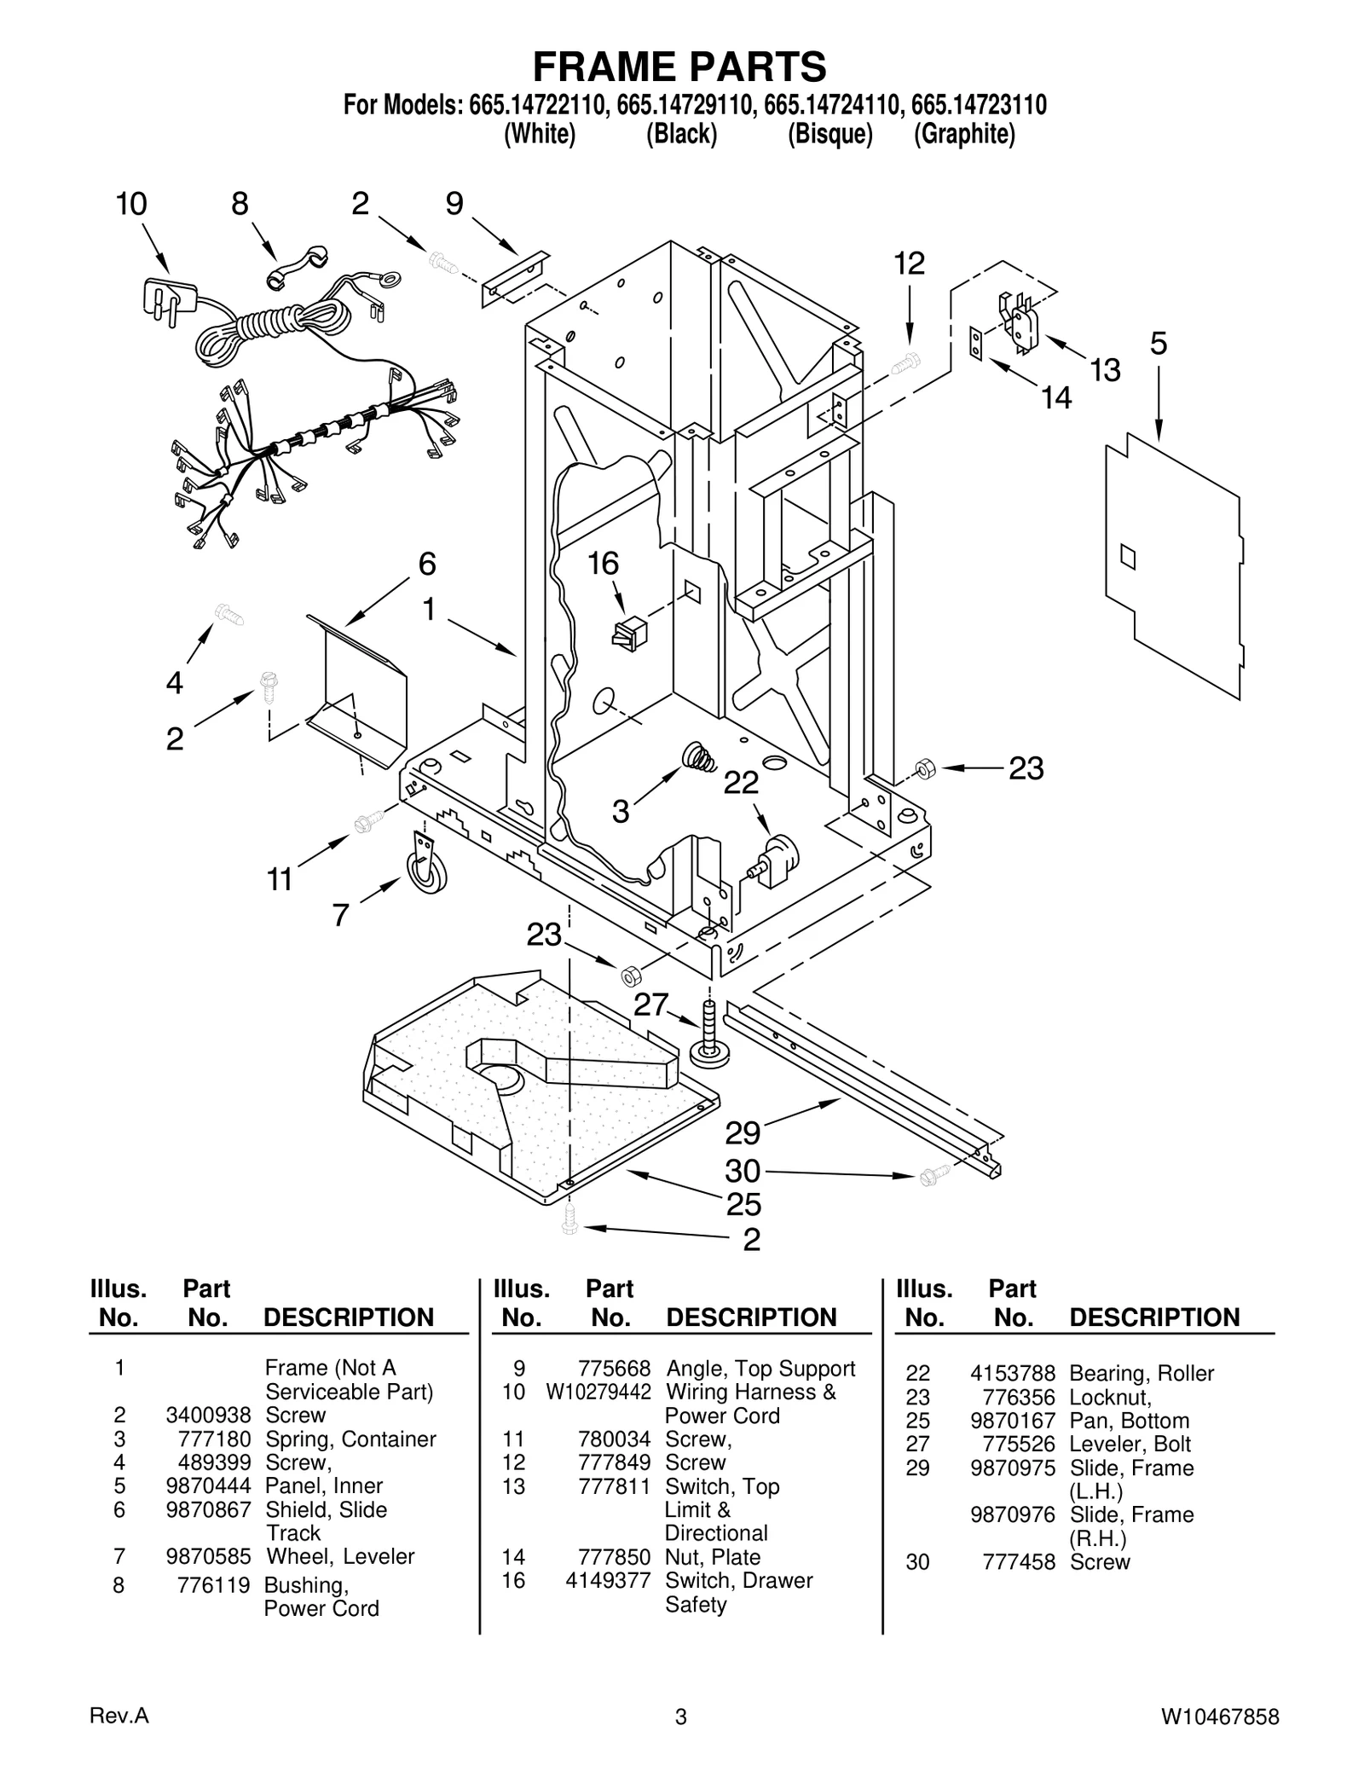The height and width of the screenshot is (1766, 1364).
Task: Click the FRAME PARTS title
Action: click(x=679, y=66)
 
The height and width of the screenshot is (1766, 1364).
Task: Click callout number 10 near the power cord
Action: click(x=131, y=205)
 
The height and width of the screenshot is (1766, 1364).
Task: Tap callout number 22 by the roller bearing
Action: click(x=740, y=783)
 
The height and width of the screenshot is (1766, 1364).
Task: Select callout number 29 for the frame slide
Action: click(x=743, y=1133)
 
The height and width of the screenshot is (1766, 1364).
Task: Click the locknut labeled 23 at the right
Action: click(x=922, y=768)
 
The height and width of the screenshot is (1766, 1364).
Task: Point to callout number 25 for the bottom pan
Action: click(x=743, y=1204)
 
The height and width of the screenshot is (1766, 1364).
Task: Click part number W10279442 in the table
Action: click(x=598, y=1392)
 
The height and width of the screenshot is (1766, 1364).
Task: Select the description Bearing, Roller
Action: click(x=1141, y=1373)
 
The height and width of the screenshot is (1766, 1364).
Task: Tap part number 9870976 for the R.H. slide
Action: click(x=1012, y=1514)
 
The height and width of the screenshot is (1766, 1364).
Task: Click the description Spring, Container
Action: click(x=350, y=1439)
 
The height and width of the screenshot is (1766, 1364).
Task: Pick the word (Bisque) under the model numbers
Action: click(x=829, y=134)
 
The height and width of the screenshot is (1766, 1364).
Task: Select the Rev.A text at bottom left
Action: click(x=119, y=1716)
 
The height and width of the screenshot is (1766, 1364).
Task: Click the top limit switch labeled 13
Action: click(x=1020, y=321)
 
